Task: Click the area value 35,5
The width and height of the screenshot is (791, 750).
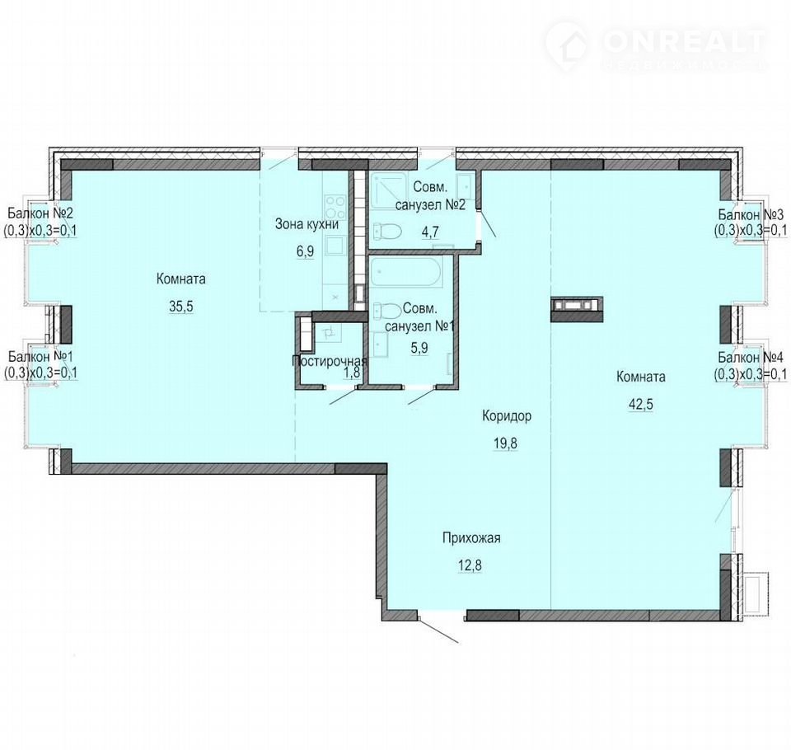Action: point(181,307)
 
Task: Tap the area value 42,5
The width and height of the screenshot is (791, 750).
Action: point(641,405)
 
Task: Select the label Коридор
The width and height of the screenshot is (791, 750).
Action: point(507,416)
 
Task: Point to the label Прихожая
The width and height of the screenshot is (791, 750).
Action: point(471,538)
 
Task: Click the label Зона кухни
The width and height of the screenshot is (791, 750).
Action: point(307,224)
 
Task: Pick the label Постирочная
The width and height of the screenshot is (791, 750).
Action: point(329,361)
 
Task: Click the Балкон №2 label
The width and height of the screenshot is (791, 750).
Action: point(40,214)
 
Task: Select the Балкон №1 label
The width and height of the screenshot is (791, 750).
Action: point(41,356)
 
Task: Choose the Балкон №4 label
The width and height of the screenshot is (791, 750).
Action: point(751,358)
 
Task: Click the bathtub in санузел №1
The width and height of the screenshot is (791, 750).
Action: point(405,273)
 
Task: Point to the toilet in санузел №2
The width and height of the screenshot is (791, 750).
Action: point(387,232)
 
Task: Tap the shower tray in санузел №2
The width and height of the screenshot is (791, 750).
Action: point(389,191)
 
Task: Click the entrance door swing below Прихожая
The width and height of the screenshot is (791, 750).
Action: point(438,629)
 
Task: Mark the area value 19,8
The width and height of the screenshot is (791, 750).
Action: point(505,443)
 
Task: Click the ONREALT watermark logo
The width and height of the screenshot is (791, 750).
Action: point(656,46)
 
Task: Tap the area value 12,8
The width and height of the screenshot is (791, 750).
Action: point(470,565)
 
